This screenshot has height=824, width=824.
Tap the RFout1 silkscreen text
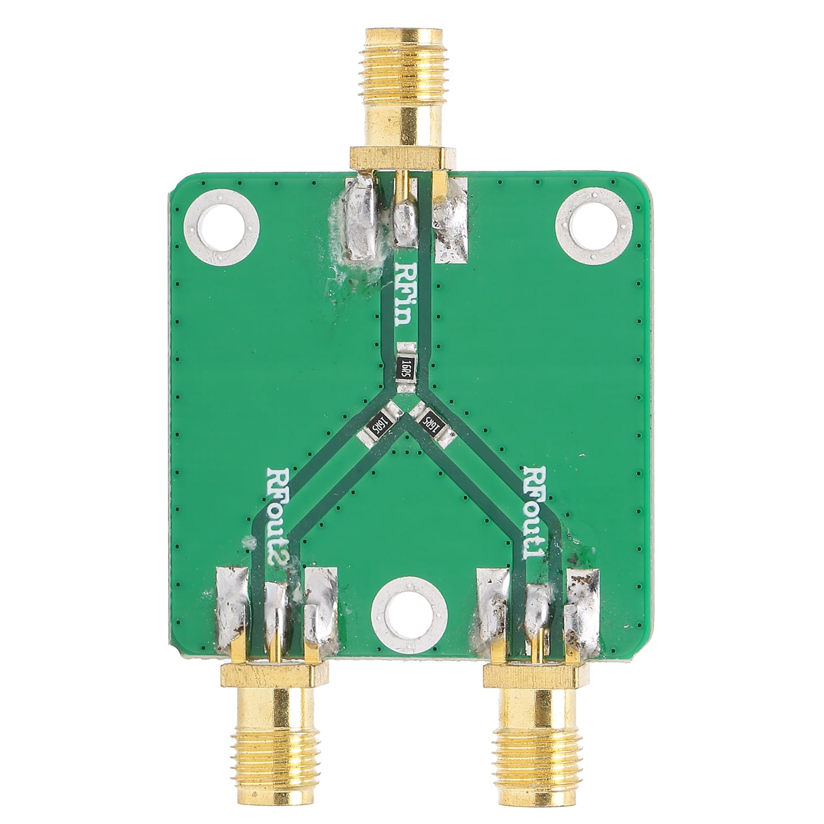[x=535, y=518]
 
